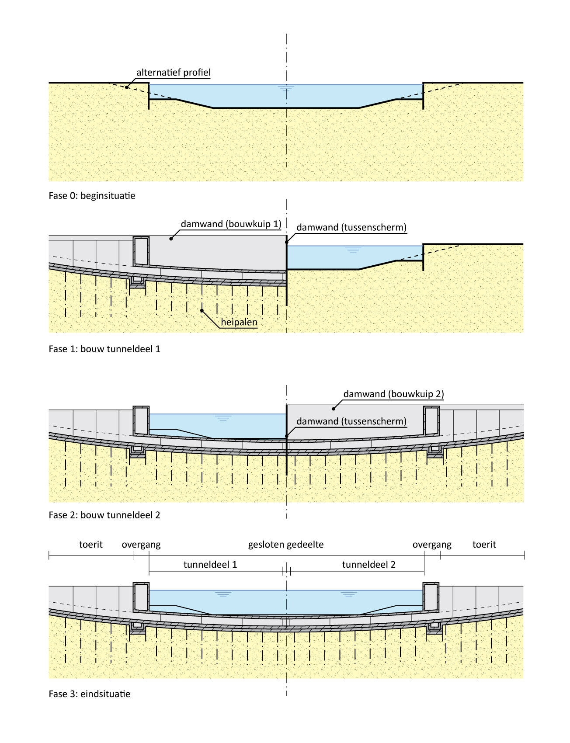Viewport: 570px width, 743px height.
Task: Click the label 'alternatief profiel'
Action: click(174, 73)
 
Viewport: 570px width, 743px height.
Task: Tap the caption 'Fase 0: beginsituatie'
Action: click(92, 196)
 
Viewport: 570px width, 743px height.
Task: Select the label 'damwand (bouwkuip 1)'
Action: click(231, 224)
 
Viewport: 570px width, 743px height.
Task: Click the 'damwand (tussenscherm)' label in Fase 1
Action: click(351, 227)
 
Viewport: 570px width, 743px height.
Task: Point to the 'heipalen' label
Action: click(239, 323)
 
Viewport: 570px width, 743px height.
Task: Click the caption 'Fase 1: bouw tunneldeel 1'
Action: click(104, 349)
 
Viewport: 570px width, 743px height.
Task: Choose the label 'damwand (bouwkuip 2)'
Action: click(393, 394)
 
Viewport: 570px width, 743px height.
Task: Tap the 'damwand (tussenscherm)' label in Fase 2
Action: click(351, 421)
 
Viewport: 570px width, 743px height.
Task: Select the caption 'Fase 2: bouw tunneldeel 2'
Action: click(104, 515)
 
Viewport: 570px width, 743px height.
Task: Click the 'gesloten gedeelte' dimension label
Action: click(286, 545)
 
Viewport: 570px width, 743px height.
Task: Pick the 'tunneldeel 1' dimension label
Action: click(210, 565)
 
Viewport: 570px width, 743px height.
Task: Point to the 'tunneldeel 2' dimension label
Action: click(368, 565)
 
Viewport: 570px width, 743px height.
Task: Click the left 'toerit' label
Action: click(91, 545)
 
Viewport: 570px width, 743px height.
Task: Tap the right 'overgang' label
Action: click(432, 545)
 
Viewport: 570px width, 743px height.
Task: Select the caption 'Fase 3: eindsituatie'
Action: click(90, 694)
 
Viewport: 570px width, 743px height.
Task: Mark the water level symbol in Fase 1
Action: click(353, 250)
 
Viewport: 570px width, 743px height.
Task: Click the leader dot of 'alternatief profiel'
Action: click(126, 87)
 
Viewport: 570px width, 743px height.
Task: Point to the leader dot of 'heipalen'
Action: click(202, 310)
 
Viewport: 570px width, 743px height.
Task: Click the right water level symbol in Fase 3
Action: click(348, 594)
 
